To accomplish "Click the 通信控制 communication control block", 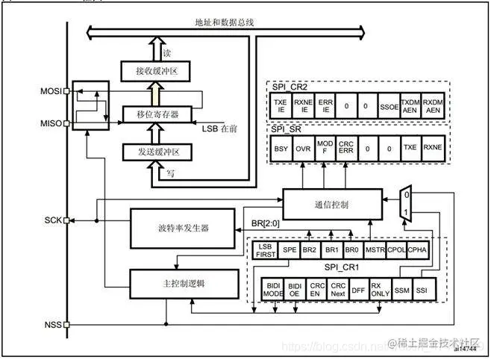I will (x=331, y=203).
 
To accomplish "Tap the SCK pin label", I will (x=53, y=220).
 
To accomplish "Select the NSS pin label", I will (x=53, y=325).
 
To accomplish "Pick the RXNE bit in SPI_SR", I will (x=432, y=149).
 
